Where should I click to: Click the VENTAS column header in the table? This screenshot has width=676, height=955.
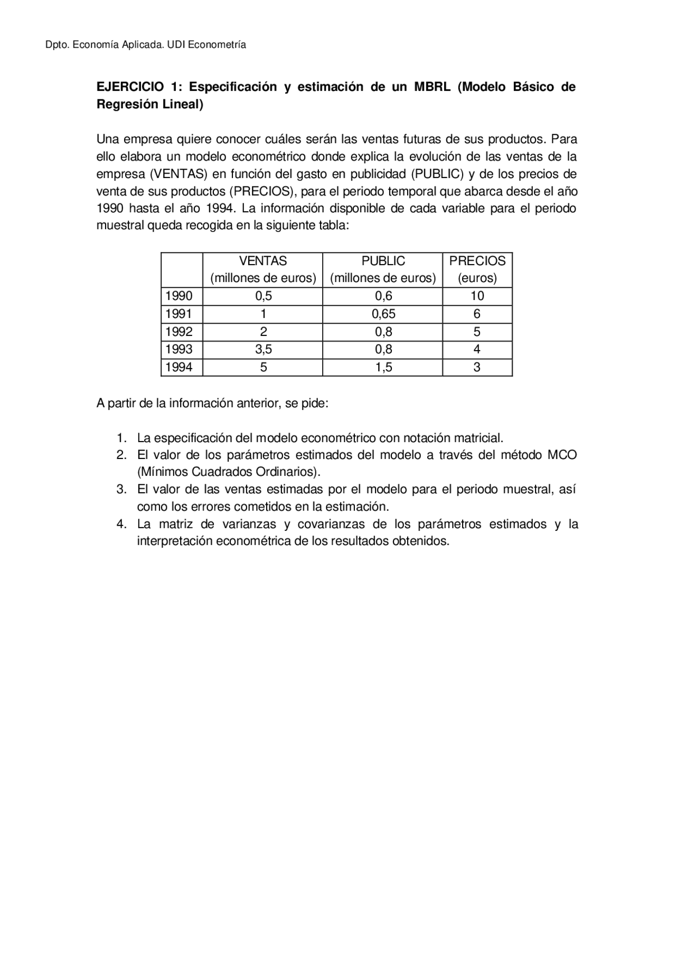(263, 261)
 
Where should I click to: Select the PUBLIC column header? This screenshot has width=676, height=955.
(383, 261)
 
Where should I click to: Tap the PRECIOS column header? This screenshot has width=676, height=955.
(477, 261)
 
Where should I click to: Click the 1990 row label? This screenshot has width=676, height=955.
(179, 296)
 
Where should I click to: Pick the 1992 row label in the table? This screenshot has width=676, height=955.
(179, 332)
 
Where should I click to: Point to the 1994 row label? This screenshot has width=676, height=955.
(179, 367)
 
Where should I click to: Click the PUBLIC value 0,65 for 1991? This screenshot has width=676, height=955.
(383, 314)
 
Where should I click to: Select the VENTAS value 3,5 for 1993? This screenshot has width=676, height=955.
(263, 349)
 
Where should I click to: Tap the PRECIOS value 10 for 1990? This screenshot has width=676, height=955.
(477, 296)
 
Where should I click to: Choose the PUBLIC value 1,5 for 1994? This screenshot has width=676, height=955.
(383, 367)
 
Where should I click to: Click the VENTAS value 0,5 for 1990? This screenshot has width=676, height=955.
(263, 296)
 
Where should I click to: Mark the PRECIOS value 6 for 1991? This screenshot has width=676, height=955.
(477, 314)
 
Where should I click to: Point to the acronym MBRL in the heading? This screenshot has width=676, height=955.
(432, 87)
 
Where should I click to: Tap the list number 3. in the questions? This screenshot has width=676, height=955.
(121, 489)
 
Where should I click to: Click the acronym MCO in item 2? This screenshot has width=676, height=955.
(562, 455)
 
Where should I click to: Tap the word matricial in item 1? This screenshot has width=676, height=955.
(478, 438)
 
